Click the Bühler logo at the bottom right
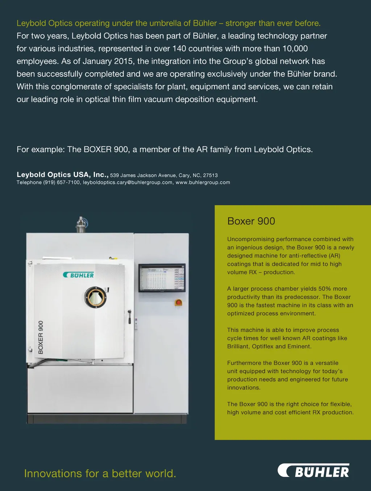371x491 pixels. click(x=314, y=471)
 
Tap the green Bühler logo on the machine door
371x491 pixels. click(x=78, y=275)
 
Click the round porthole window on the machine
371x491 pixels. click(x=96, y=297)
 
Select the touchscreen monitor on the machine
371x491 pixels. click(x=162, y=278)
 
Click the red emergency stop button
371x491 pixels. click(x=178, y=302)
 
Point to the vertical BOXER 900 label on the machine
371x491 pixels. click(x=41, y=337)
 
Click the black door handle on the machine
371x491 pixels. click(x=129, y=317)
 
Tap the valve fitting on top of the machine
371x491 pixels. click(x=82, y=224)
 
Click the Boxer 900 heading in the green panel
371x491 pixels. click(x=251, y=221)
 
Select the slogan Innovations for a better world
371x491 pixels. click(x=100, y=474)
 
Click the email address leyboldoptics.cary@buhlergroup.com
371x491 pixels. click(x=128, y=183)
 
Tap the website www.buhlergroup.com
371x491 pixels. click(x=203, y=183)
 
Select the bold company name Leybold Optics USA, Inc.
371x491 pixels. click(x=62, y=175)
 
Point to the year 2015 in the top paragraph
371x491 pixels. click(x=124, y=61)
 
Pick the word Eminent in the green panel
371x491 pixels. click(x=299, y=346)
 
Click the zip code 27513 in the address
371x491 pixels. click(x=210, y=175)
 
